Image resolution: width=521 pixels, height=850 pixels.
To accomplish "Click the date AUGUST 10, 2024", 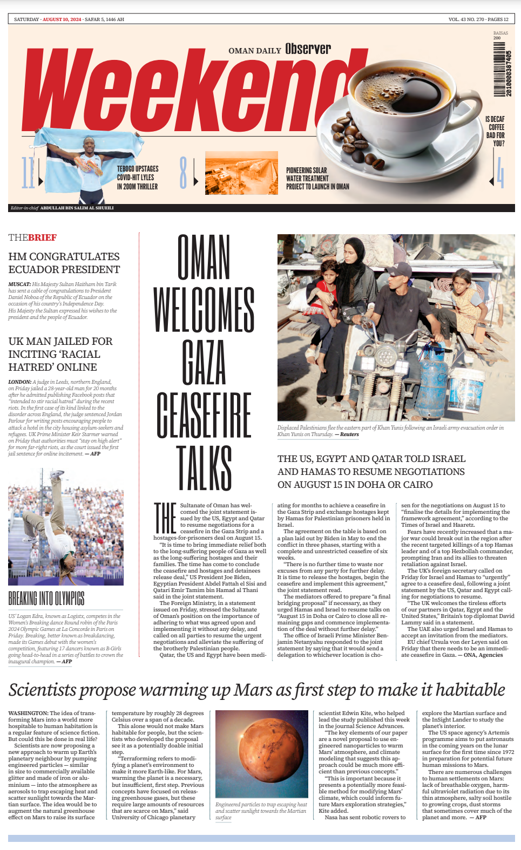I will click(x=62, y=19).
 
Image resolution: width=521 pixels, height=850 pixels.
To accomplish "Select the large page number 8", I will click(x=183, y=173).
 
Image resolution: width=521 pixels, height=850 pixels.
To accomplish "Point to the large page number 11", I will click(x=28, y=173).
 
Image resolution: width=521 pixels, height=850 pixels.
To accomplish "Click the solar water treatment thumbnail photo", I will click(x=241, y=173).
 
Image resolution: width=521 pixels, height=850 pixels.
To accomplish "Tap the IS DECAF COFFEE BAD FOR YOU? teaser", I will click(x=495, y=131).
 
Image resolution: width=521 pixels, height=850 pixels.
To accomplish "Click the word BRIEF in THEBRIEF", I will click(x=43, y=237).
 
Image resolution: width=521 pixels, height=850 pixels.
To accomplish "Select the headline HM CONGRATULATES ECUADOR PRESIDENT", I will click(x=64, y=263).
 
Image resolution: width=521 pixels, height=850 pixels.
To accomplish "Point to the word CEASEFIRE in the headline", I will click(x=204, y=414).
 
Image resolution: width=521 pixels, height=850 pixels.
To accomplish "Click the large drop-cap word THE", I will click(x=165, y=518).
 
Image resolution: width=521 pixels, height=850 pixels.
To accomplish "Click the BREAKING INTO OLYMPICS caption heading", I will click(x=46, y=598).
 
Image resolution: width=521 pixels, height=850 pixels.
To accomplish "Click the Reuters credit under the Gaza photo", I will click(x=349, y=434).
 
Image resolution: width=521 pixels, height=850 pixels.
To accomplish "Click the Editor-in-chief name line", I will click(x=77, y=208).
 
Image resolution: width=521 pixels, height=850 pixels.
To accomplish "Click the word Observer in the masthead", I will click(x=308, y=49).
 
